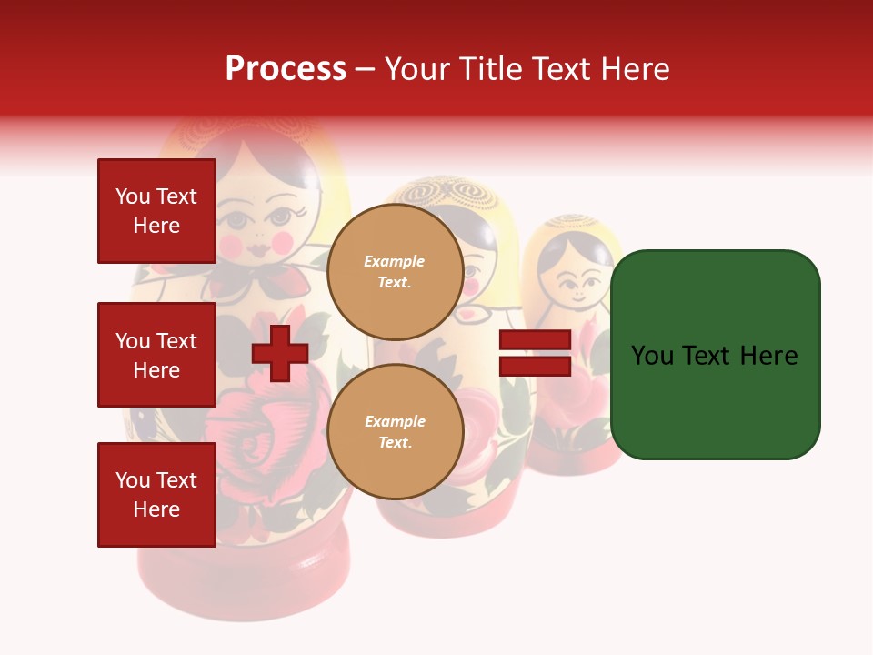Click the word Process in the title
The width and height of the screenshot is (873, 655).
click(x=286, y=69)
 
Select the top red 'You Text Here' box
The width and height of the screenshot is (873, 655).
click(x=156, y=211)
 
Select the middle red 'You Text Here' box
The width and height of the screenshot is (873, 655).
click(x=156, y=355)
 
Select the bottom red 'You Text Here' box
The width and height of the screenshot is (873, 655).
click(x=156, y=495)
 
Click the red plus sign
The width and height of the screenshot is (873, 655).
click(x=279, y=354)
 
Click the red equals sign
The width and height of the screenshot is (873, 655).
click(x=535, y=354)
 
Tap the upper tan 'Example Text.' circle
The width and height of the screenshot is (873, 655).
click(x=395, y=271)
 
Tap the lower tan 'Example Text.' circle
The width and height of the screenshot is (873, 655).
click(x=395, y=431)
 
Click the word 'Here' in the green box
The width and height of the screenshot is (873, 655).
click(x=768, y=356)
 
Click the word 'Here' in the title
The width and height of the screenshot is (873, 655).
click(x=637, y=69)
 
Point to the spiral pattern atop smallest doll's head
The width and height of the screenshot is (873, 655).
click(x=573, y=221)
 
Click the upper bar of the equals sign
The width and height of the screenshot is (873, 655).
click(x=535, y=340)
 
